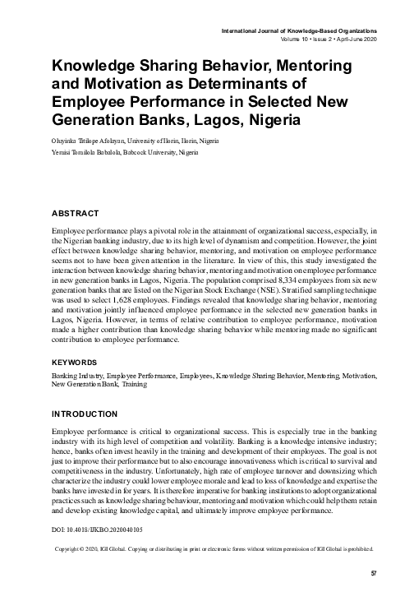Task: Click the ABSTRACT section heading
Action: pos(76,213)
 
